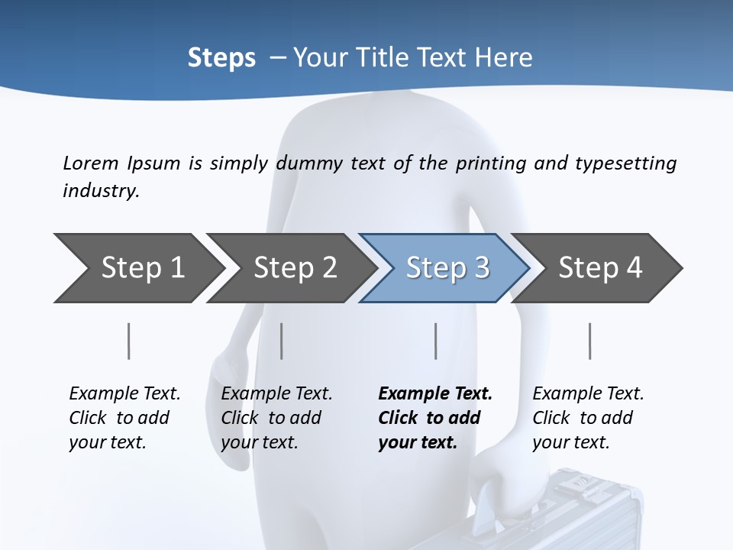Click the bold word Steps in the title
221,58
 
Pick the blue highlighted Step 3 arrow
444,267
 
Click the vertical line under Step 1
128,341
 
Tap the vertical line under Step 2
282,341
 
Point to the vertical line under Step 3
435,341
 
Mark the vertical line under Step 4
589,341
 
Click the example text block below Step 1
124,418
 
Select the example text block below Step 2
276,418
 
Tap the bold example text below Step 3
435,418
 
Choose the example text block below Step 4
588,418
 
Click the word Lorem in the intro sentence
90,163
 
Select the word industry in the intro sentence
101,191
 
